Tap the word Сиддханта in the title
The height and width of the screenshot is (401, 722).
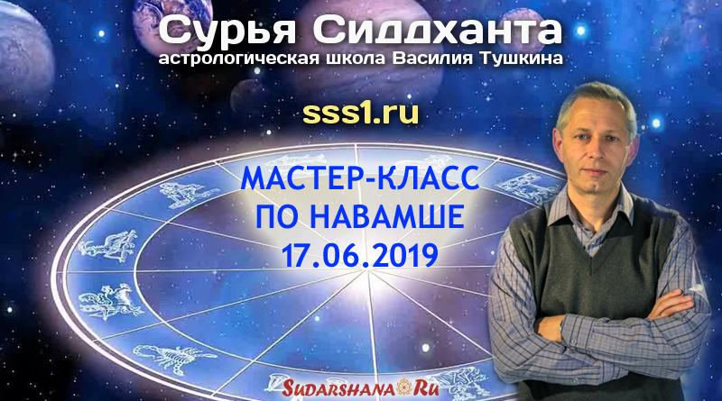click(437, 31)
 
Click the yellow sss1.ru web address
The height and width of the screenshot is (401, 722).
click(360, 114)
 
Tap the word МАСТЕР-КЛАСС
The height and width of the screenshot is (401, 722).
click(360, 179)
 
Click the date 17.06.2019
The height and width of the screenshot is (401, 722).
click(360, 256)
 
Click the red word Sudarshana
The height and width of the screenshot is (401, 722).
click(338, 388)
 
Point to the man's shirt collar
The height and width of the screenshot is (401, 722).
click(597, 208)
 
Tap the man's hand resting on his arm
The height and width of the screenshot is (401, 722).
click(670, 304)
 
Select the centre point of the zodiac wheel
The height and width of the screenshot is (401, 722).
click(367, 270)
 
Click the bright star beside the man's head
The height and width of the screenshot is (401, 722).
click(656, 123)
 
